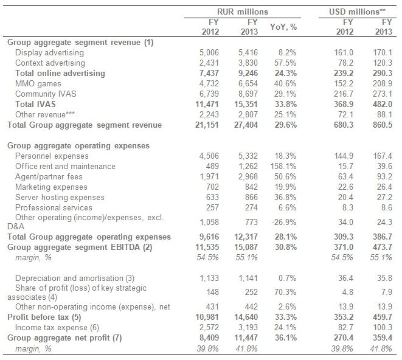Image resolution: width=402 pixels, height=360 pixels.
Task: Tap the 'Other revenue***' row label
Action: click(x=43, y=115)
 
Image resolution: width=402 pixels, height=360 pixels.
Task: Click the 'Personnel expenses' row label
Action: click(x=50, y=156)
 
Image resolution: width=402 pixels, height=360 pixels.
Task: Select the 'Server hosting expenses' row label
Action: click(x=60, y=198)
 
